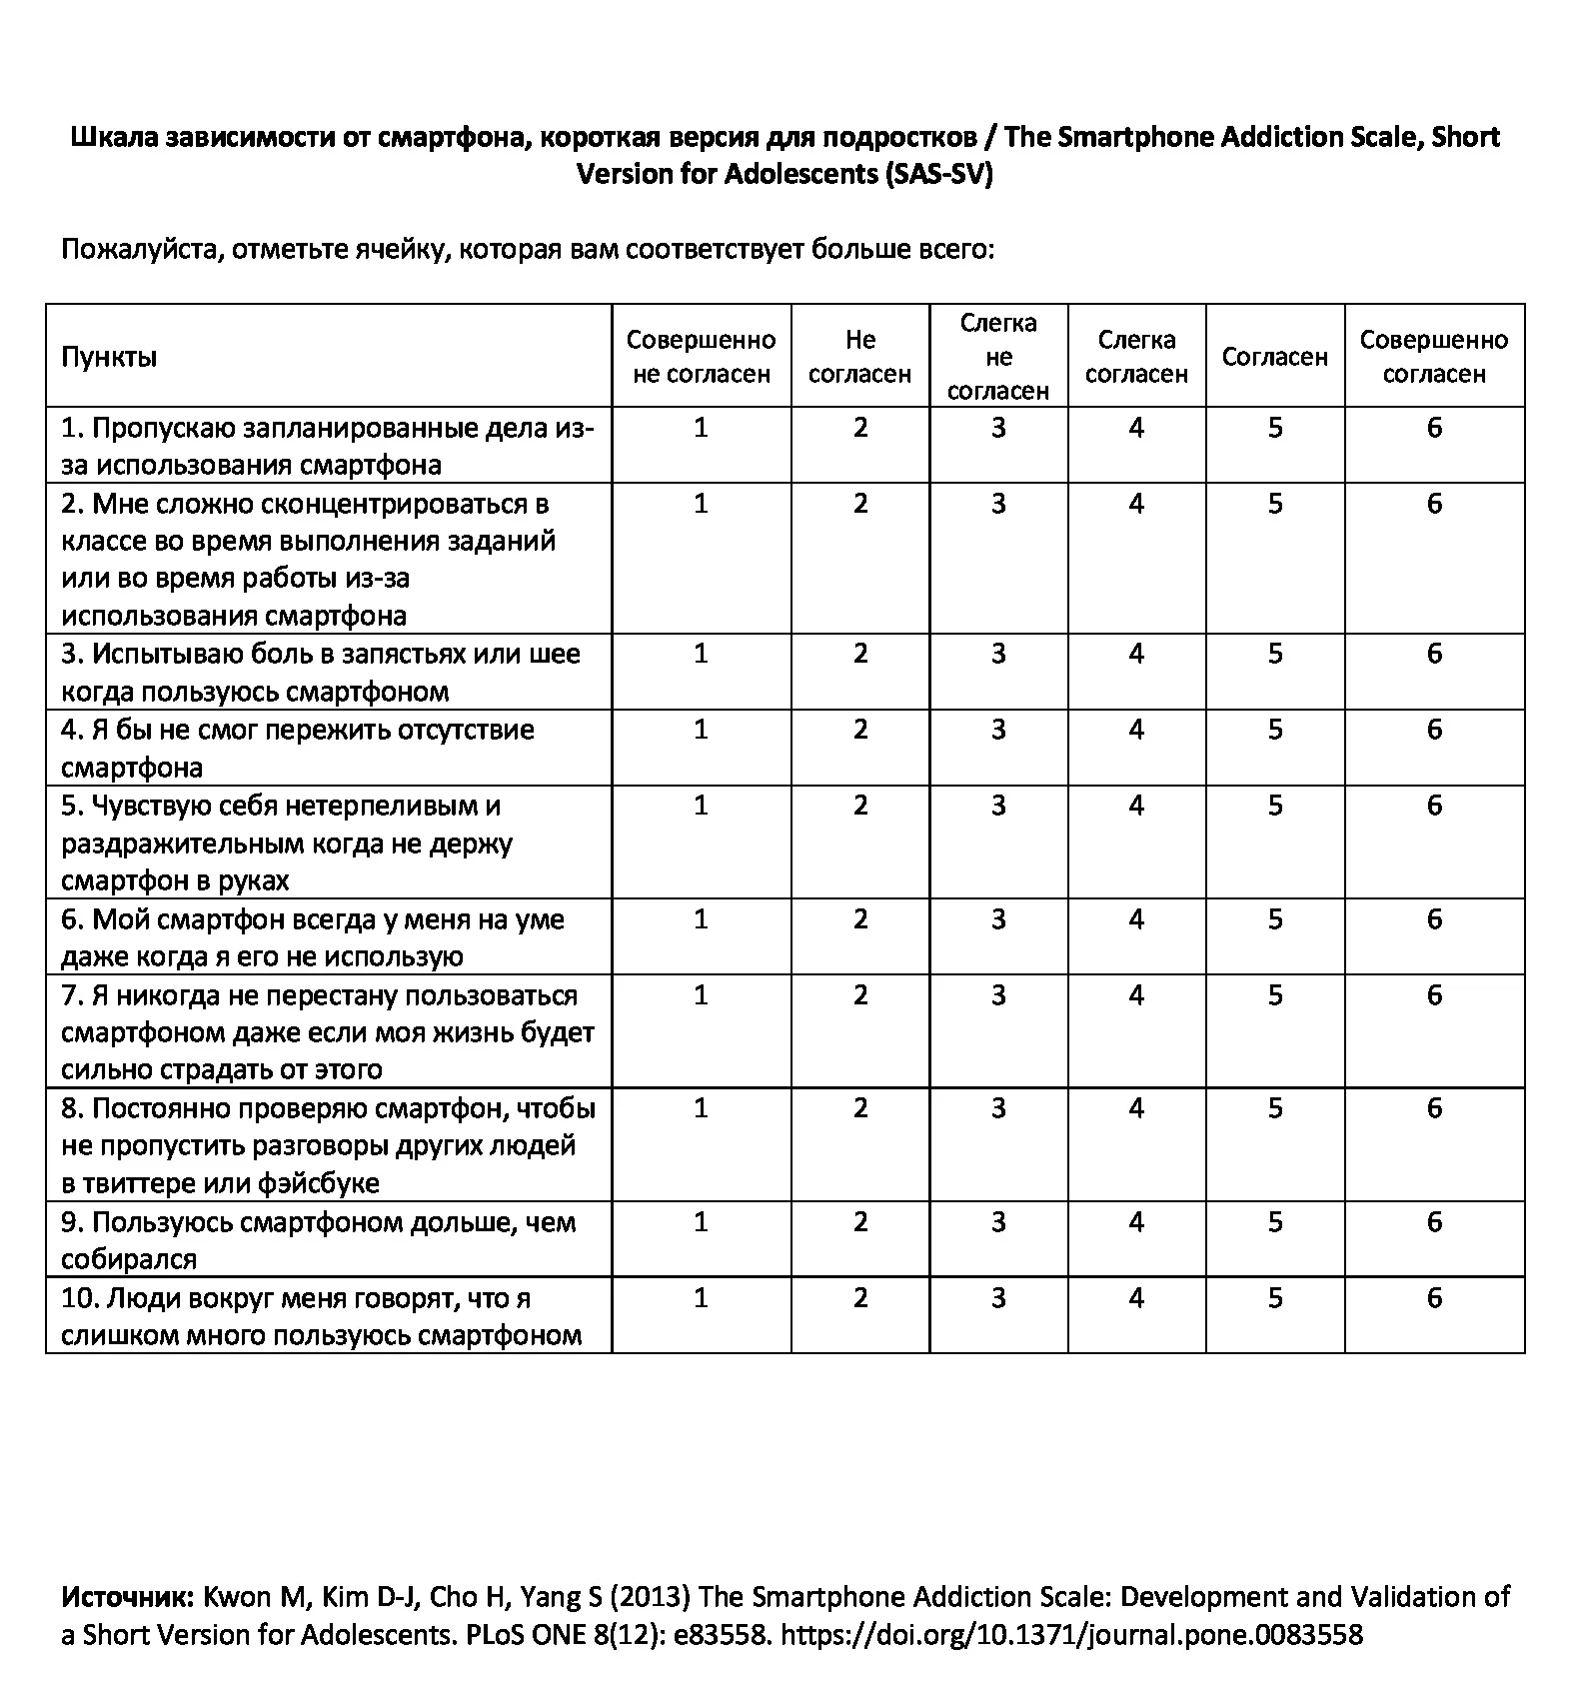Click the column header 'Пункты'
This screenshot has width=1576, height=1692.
pyautogui.click(x=109, y=357)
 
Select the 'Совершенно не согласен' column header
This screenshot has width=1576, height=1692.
pyautogui.click(x=701, y=357)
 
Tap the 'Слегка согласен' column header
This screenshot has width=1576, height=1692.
pyautogui.click(x=1136, y=357)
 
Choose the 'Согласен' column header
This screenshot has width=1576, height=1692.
pyautogui.click(x=1274, y=357)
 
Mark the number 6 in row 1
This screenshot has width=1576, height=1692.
pyautogui.click(x=1434, y=428)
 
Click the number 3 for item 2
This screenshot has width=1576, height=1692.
pyautogui.click(x=998, y=504)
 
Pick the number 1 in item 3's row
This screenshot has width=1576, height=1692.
pyautogui.click(x=701, y=654)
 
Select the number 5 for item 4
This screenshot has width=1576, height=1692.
pyautogui.click(x=1275, y=730)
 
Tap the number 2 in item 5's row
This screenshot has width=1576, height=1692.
pyautogui.click(x=860, y=806)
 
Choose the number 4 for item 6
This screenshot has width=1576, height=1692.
pyautogui.click(x=1136, y=919)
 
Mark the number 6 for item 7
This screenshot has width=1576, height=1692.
pyautogui.click(x=1434, y=995)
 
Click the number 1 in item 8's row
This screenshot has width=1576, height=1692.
pyautogui.click(x=701, y=1108)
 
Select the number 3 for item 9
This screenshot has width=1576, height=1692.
pyautogui.click(x=998, y=1222)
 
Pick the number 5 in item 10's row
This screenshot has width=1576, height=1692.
pyautogui.click(x=1275, y=1298)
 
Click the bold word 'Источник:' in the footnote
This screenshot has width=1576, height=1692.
pyautogui.click(x=128, y=1597)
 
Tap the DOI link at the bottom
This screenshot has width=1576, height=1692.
pyautogui.click(x=1070, y=1635)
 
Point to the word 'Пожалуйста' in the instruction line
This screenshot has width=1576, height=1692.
pyautogui.click(x=141, y=249)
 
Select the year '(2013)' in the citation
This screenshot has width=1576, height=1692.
pyautogui.click(x=650, y=1597)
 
